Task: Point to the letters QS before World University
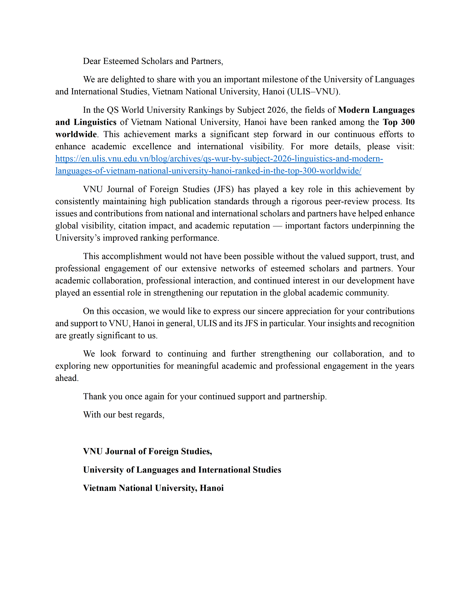point(113,110)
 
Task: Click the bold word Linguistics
point(95,122)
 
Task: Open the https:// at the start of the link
point(68,159)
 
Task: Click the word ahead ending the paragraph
point(67,378)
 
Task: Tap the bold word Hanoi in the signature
point(212,488)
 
